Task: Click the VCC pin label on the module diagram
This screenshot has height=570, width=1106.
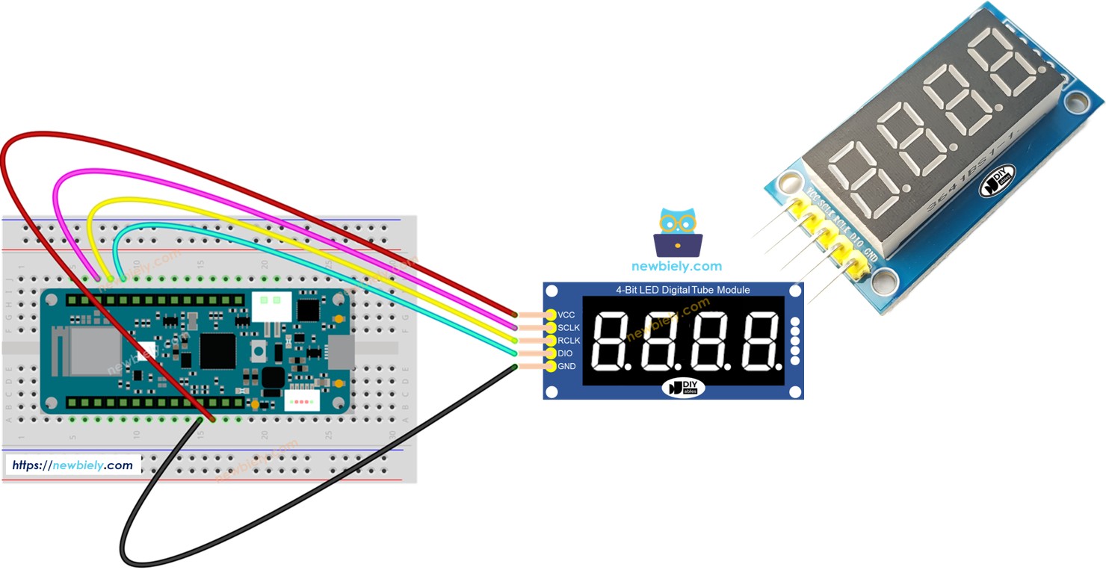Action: point(566,315)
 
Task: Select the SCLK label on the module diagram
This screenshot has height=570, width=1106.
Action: point(568,328)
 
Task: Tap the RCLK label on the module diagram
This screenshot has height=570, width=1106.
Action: point(568,341)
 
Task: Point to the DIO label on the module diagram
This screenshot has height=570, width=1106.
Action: point(565,353)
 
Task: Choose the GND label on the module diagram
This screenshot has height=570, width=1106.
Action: point(566,366)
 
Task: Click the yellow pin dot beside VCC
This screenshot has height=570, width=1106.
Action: point(551,315)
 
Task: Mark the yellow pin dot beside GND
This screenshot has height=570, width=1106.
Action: point(551,366)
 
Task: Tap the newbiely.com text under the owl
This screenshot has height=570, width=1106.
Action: point(677,266)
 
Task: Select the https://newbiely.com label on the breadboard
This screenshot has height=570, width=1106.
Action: point(72,465)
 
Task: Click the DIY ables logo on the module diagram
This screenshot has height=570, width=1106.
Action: point(683,388)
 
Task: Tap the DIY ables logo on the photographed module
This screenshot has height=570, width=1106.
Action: point(998,181)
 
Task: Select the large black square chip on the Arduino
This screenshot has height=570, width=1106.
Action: point(218,350)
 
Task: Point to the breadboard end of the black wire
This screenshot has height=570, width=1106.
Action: point(200,420)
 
